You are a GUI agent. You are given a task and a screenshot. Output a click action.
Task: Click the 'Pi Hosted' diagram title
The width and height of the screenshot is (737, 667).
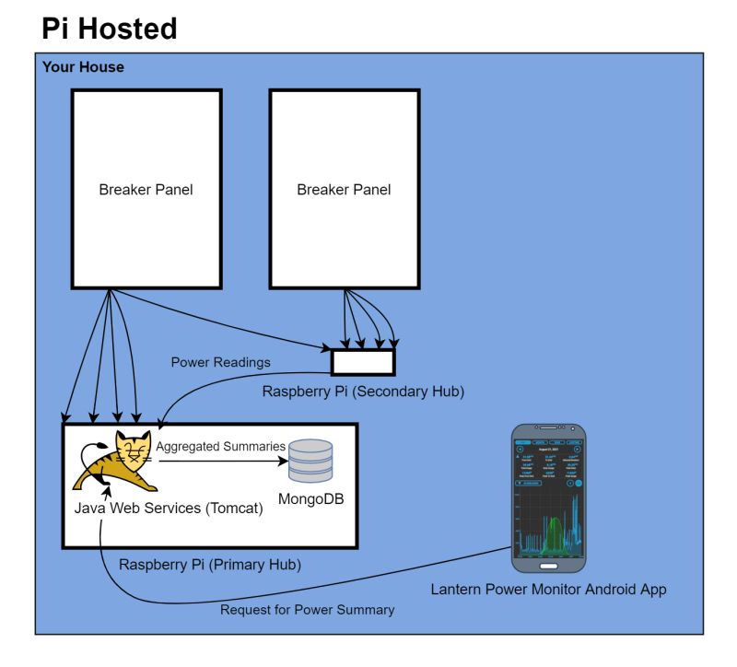(109, 29)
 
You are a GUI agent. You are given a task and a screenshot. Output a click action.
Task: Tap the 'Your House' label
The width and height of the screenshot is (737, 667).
(83, 67)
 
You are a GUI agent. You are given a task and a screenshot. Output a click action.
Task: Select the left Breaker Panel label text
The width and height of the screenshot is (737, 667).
(146, 190)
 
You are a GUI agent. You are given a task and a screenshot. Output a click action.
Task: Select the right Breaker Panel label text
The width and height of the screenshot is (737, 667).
(344, 190)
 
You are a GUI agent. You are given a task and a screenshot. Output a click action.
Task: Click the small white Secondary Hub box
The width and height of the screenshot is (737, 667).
(363, 362)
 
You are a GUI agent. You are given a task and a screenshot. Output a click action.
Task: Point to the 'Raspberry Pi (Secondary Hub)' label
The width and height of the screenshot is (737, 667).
(363, 392)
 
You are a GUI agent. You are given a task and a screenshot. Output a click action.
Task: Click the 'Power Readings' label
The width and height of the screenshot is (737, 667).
(221, 362)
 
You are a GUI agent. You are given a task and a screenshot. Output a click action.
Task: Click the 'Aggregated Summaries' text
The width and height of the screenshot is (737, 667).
(220, 446)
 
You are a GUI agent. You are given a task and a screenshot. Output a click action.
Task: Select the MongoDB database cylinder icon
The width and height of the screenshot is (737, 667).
(310, 461)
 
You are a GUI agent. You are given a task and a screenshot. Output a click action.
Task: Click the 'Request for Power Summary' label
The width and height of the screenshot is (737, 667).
(307, 609)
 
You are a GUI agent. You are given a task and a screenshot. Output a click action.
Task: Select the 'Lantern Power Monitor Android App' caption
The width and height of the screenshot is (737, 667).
(548, 589)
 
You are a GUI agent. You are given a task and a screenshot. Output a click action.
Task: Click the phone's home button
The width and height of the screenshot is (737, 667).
(549, 566)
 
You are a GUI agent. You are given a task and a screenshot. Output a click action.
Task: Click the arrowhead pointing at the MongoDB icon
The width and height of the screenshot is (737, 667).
(280, 462)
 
